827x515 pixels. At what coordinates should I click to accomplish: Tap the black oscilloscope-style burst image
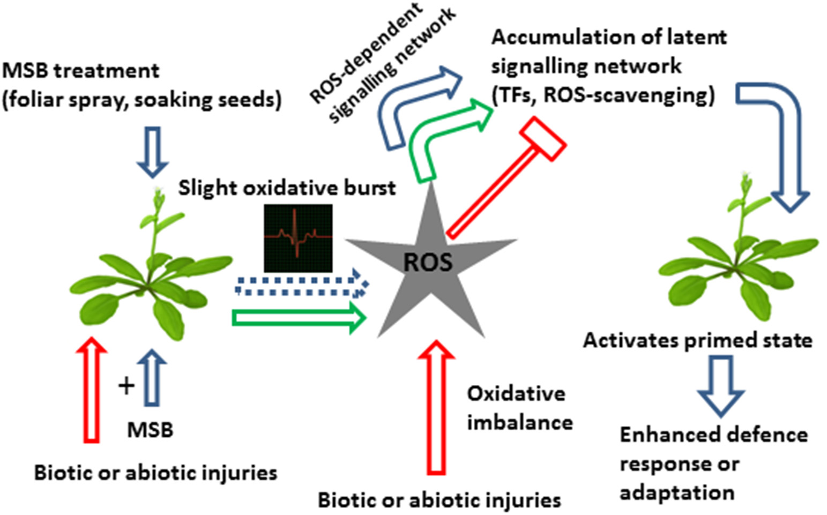tap(298, 238)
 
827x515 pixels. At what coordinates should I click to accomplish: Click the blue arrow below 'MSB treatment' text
tap(153, 152)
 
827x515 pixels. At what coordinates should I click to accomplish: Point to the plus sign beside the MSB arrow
tap(126, 385)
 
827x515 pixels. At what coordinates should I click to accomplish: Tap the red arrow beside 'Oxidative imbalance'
tap(436, 407)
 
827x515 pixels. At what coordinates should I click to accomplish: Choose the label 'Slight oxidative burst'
tap(287, 188)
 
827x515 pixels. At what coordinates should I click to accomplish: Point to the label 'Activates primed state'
tap(697, 340)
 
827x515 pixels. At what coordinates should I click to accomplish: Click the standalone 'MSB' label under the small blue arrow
tap(150, 429)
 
